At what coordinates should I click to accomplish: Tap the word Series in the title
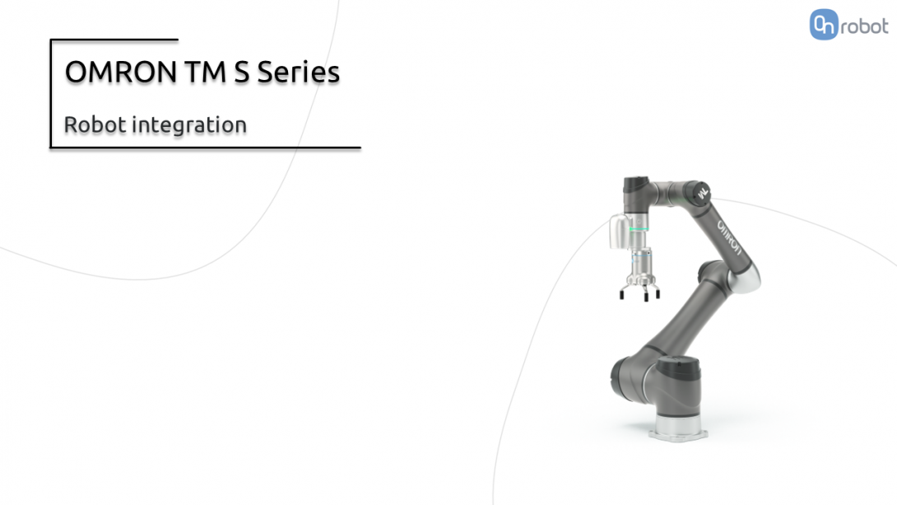[x=298, y=72]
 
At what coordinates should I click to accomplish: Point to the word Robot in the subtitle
[x=95, y=125]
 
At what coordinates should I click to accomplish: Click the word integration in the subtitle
[x=189, y=126]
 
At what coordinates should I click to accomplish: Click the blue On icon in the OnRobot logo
[x=823, y=26]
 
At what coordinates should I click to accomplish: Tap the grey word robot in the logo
[x=863, y=27]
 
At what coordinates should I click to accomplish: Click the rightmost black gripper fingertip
[x=658, y=294]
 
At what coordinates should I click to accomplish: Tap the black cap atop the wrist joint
[x=634, y=185]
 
